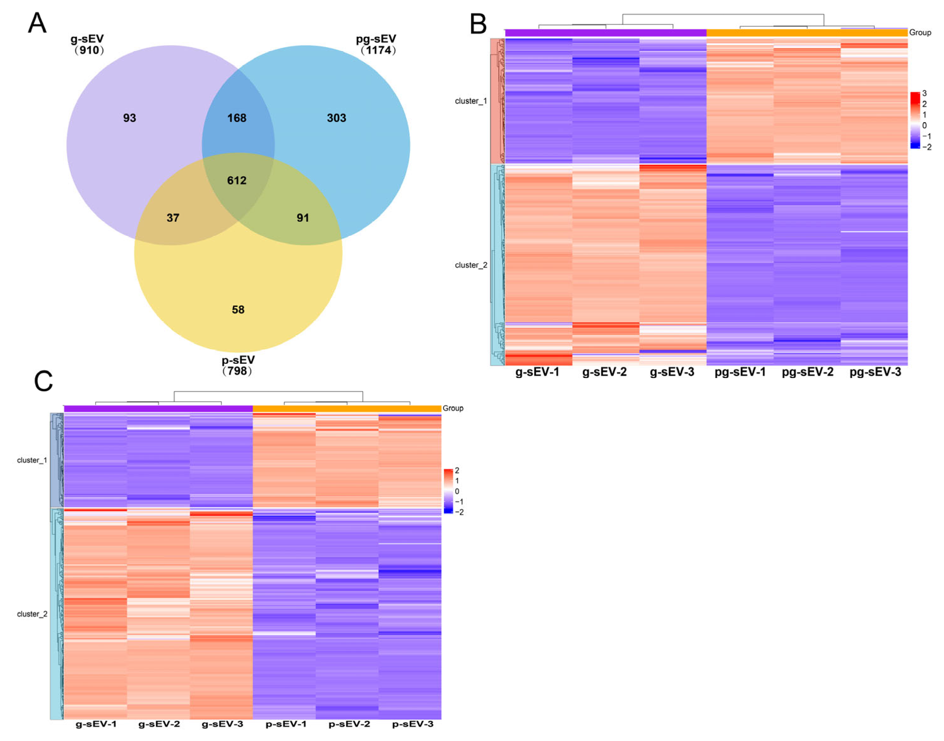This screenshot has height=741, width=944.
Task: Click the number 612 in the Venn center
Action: point(237,180)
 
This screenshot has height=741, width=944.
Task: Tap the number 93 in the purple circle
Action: point(129,118)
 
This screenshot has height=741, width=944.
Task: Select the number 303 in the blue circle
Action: point(337,118)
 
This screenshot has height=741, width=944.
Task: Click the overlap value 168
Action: point(237,118)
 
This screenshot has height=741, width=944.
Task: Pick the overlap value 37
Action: point(173,218)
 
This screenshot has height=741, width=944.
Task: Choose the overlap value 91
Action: point(303,218)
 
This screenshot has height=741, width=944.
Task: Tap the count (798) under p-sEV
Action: point(237,371)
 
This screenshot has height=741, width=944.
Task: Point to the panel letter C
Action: point(43,381)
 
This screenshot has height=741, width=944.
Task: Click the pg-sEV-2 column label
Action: point(807,372)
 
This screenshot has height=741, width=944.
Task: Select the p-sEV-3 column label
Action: point(412,724)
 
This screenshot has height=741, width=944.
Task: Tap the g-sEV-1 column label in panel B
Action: point(537,372)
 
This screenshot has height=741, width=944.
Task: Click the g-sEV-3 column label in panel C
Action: point(223,724)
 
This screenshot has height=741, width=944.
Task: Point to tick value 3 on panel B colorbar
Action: point(924,93)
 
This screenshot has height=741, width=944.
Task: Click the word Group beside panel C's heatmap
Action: point(453,408)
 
